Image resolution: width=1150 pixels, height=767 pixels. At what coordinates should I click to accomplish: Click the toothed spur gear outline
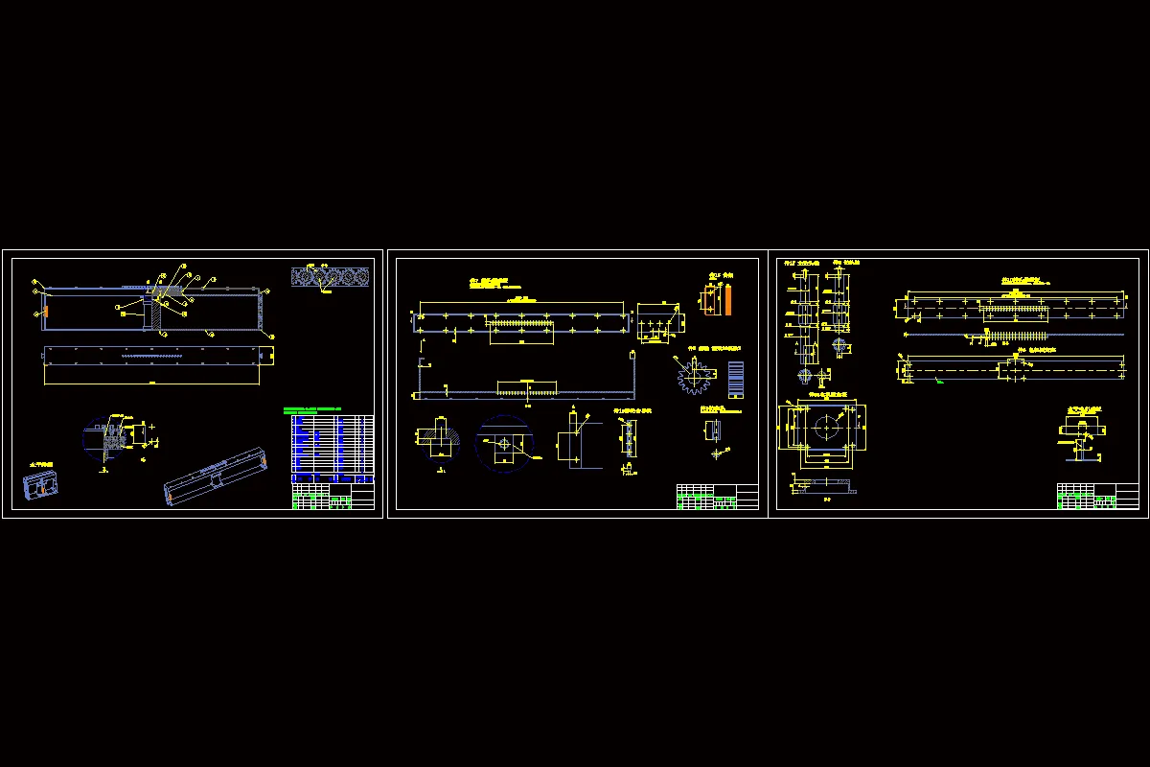click(x=692, y=377)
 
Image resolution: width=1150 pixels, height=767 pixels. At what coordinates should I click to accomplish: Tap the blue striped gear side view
click(x=736, y=380)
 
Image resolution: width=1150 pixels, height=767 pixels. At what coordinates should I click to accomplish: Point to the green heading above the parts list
click(x=315, y=410)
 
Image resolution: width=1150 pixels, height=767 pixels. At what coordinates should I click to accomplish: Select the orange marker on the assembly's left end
click(x=43, y=312)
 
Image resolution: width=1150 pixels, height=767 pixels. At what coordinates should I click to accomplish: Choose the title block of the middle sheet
click(x=717, y=496)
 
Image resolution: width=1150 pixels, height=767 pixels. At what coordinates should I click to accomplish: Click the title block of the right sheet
click(x=1097, y=496)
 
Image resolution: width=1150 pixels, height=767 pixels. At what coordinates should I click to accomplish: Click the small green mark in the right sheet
click(x=939, y=382)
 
